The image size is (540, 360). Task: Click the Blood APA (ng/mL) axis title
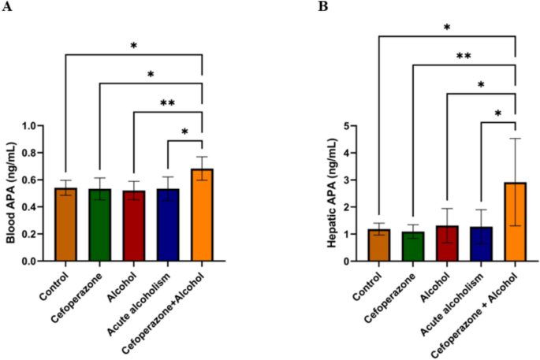[12, 192]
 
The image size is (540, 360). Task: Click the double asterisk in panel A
[168, 103]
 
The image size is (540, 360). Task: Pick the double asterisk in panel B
[464, 56]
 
